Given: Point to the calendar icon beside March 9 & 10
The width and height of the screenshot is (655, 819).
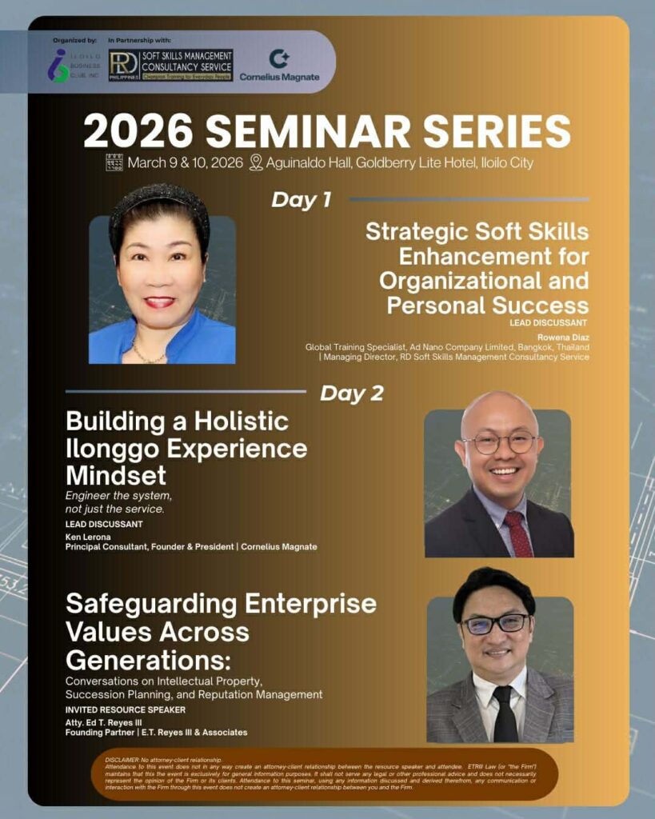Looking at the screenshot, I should coord(115,163).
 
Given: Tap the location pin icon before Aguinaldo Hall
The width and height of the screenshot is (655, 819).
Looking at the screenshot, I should coord(256,163).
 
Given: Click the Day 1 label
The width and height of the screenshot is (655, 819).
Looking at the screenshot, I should coord(301,199).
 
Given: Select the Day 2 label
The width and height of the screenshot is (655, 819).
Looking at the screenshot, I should coord(352,394).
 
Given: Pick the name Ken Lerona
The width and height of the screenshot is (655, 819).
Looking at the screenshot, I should coord(84,536).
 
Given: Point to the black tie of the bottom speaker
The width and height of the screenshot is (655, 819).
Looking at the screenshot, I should coord(504,713).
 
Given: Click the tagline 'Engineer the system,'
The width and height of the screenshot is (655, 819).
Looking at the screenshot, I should coord(118,497).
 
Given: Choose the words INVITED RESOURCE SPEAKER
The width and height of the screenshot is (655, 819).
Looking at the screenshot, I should coord(125,709).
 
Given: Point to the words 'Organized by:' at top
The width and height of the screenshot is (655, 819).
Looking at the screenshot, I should coord(74,39).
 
